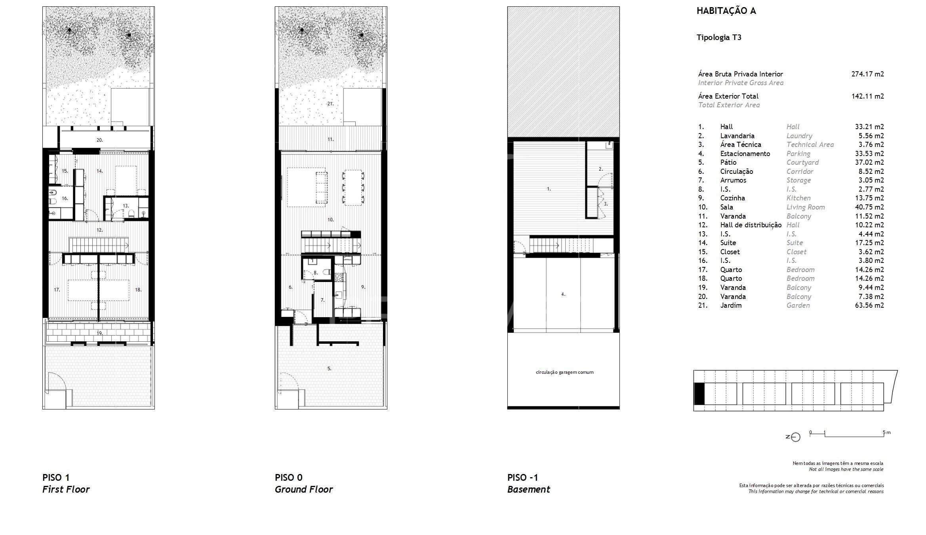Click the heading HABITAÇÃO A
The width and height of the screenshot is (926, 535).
[726, 11]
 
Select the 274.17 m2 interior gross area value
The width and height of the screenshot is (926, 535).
[867, 74]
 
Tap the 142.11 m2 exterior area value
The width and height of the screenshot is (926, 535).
[867, 96]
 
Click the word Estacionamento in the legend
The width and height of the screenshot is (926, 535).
[745, 154]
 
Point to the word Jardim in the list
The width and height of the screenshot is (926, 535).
[731, 305]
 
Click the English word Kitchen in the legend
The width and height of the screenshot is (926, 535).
[798, 198]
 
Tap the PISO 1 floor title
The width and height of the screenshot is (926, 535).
[56, 478]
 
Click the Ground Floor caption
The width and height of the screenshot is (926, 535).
[304, 489]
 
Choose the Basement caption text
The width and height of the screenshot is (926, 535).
[529, 489]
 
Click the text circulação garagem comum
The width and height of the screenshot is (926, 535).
[564, 372]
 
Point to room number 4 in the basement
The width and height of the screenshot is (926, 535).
[563, 294]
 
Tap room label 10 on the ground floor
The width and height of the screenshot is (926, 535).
[330, 219]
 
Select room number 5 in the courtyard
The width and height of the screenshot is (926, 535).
[329, 368]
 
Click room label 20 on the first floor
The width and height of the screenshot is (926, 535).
[99, 140]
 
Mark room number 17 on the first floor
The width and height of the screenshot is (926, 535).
[57, 290]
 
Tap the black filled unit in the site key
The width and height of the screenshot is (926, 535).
[699, 394]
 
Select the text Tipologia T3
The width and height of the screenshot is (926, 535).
[719, 38]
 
